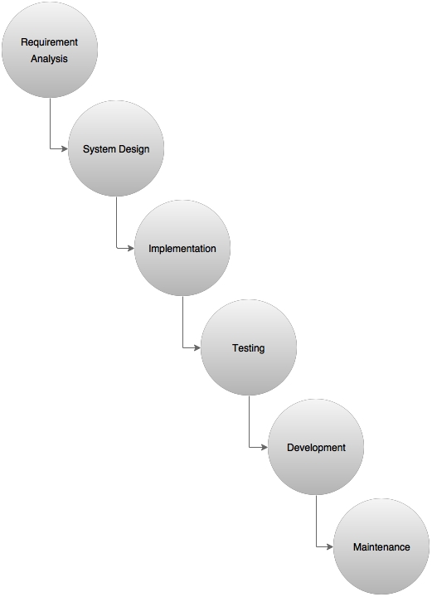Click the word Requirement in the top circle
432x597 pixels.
point(49,42)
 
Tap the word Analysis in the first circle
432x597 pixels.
point(49,59)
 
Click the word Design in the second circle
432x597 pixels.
point(133,149)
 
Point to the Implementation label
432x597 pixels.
point(182,249)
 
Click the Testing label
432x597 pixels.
point(249,348)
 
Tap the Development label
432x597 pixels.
point(316,448)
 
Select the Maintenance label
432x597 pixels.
point(381,547)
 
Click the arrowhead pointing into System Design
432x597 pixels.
point(65,148)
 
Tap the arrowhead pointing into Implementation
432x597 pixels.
point(130,248)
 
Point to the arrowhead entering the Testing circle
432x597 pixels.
point(197,347)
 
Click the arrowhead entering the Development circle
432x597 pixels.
point(265,447)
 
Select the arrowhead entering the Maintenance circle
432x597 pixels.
point(330,546)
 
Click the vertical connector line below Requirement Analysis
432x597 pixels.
point(51,123)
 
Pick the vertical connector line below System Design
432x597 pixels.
point(116,222)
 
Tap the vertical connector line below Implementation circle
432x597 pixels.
point(182,322)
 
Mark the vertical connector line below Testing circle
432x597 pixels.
point(250,421)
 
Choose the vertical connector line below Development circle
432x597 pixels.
point(316,521)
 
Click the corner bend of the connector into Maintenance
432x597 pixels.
point(316,546)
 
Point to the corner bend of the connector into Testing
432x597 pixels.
point(182,347)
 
